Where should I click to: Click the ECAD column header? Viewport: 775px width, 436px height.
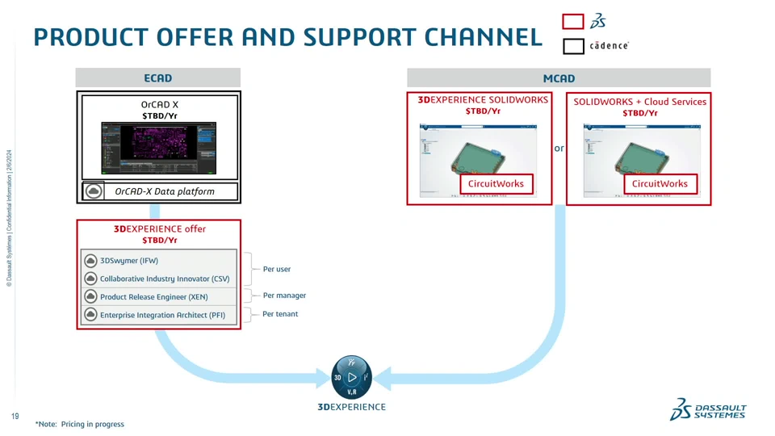tap(158, 78)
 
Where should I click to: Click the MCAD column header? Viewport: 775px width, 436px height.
tap(559, 78)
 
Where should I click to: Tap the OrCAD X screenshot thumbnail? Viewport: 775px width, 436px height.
tap(158, 148)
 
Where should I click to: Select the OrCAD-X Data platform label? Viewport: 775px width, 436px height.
tap(165, 191)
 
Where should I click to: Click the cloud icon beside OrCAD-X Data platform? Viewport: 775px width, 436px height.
tap(94, 191)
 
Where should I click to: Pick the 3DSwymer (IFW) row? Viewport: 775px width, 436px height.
tap(158, 261)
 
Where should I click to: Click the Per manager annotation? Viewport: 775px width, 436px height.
tap(284, 296)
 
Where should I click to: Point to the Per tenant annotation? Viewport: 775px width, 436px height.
tap(280, 314)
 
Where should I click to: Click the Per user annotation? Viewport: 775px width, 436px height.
tap(277, 269)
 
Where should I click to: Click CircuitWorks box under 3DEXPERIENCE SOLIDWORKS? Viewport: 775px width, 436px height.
tap(496, 184)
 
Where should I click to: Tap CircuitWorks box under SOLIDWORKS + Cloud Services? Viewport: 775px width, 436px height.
tap(660, 184)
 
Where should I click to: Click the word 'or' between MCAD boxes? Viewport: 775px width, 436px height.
tap(559, 149)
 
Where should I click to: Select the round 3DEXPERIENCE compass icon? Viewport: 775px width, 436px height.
tap(351, 377)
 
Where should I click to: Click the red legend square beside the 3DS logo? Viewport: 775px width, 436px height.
tap(573, 22)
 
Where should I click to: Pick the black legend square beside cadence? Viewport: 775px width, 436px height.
tap(573, 46)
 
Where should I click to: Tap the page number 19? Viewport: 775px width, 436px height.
tap(15, 417)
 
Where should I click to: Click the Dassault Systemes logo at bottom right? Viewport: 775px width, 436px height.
tap(709, 409)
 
